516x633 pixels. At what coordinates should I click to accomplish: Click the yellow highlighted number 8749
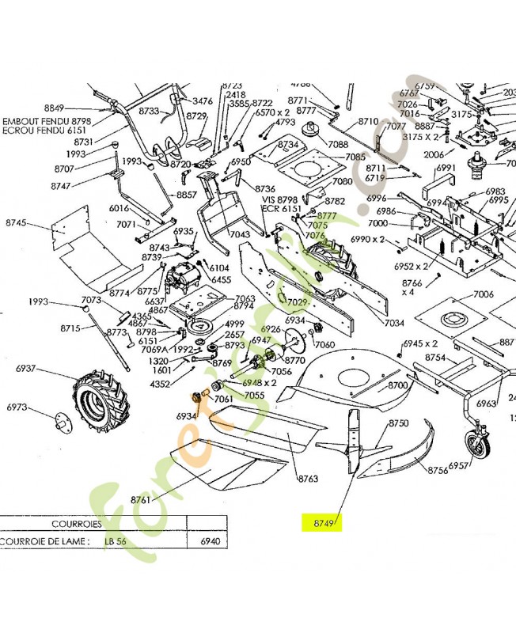[x=321, y=522]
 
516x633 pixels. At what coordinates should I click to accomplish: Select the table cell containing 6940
[x=209, y=542]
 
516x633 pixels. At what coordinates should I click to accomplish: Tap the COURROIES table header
[x=76, y=523]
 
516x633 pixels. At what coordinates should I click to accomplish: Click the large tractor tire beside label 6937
[x=95, y=399]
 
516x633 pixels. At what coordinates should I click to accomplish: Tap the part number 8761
[x=140, y=500]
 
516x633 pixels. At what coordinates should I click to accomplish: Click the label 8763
[x=307, y=479]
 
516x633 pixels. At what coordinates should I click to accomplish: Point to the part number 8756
[x=438, y=470]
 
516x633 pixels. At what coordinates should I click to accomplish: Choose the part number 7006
[x=484, y=294]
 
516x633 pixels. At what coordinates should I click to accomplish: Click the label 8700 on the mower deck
[x=397, y=385]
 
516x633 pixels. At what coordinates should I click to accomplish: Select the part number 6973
[x=17, y=407]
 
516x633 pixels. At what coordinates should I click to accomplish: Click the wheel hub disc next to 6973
[x=62, y=422]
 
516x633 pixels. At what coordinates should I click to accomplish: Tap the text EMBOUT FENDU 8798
[x=47, y=121]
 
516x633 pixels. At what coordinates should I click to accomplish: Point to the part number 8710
[x=368, y=122]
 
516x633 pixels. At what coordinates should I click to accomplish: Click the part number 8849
[x=54, y=108]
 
